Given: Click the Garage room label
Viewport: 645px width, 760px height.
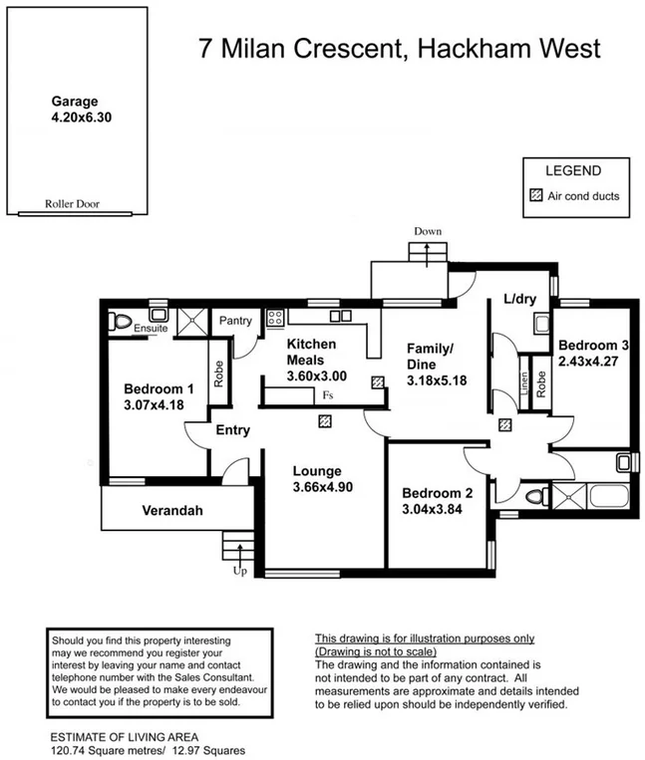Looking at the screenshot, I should point(75,101).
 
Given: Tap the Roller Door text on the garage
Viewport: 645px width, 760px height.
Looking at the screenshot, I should point(73,204).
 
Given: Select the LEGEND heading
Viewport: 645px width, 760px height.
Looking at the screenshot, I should point(572,172).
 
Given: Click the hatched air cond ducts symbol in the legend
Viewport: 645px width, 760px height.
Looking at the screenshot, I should point(536,196).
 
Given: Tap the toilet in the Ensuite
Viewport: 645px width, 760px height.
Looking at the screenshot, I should point(124,322).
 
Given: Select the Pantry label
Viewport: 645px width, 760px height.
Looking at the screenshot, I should point(235,321).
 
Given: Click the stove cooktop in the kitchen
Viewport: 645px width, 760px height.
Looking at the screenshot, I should point(274,318).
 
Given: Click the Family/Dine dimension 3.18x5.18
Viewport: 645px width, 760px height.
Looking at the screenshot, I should point(436,380).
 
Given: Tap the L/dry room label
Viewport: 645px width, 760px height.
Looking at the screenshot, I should point(520,298).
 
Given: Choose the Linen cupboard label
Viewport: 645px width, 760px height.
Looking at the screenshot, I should point(524,382).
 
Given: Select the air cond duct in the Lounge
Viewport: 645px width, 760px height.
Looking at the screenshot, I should point(325,421).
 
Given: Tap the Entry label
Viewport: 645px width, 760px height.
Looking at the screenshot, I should point(231,430).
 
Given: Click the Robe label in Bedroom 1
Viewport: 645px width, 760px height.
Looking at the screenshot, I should point(218,373).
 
